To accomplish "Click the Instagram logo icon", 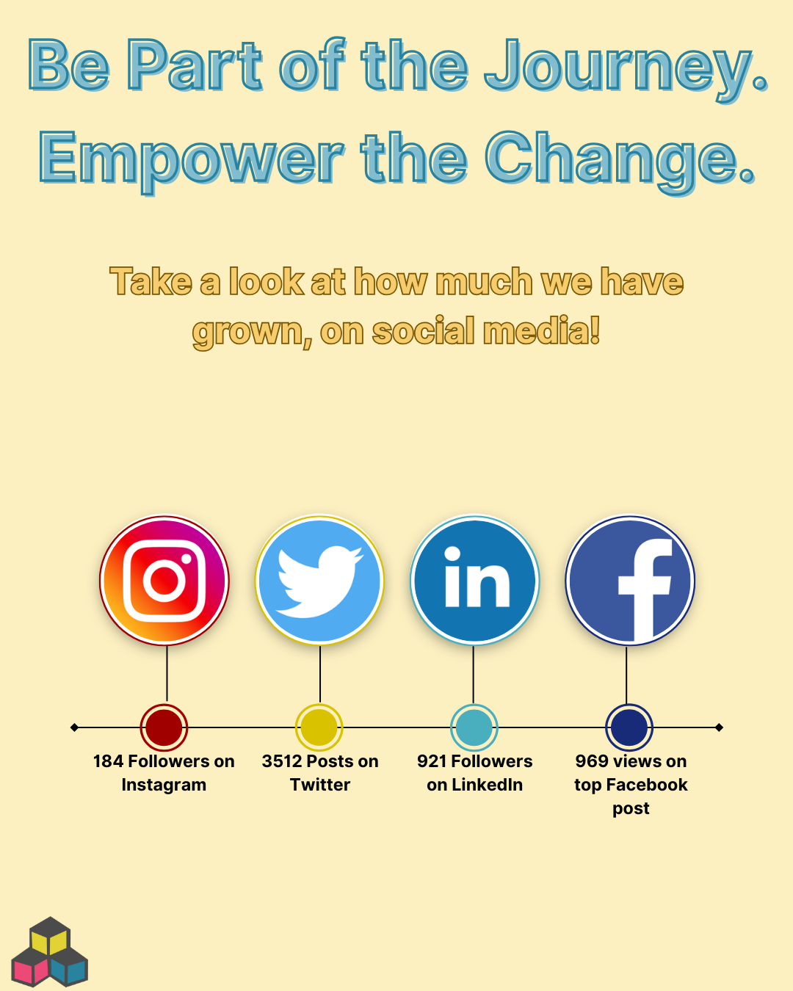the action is pyautogui.click(x=164, y=580).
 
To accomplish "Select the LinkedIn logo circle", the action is pyautogui.click(x=474, y=580).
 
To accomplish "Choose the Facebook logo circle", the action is pyautogui.click(x=630, y=580).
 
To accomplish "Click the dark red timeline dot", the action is pyautogui.click(x=164, y=727).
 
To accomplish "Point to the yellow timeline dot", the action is pyautogui.click(x=319, y=727).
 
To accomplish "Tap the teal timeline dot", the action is pyautogui.click(x=474, y=727).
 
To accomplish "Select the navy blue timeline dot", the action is pyautogui.click(x=629, y=727).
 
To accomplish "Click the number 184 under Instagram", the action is pyautogui.click(x=108, y=761).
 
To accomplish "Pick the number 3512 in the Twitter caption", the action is pyautogui.click(x=281, y=761).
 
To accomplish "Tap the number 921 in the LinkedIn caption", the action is pyautogui.click(x=432, y=761).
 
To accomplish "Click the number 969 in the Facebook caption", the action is pyautogui.click(x=592, y=761).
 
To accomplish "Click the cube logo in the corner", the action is pyautogui.click(x=50, y=952).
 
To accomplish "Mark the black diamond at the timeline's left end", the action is pyautogui.click(x=75, y=727).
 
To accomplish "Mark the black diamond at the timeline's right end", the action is pyautogui.click(x=720, y=727).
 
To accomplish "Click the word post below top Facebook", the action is pyautogui.click(x=631, y=809).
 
